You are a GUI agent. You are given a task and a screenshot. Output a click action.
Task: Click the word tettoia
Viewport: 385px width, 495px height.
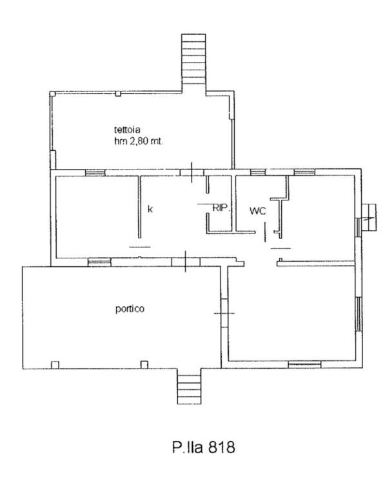click(127, 130)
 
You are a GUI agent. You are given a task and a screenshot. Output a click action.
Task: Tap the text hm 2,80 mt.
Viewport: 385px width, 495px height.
click(139, 141)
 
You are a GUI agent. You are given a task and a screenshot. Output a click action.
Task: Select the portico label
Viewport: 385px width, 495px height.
click(130, 309)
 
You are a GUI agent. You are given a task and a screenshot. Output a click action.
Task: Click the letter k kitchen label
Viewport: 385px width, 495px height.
click(150, 209)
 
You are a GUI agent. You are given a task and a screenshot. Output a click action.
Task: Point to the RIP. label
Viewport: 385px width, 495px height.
click(221, 208)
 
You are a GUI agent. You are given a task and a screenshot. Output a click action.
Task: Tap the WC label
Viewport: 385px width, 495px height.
click(257, 211)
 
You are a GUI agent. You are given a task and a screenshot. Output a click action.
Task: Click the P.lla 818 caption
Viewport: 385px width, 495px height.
click(204, 447)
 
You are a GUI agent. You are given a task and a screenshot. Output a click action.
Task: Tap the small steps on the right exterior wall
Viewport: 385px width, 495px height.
click(369, 218)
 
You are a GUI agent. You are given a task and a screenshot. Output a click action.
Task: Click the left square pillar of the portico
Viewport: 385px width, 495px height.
click(55, 365)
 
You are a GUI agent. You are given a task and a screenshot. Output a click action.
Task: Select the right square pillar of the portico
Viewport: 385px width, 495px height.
click(144, 365)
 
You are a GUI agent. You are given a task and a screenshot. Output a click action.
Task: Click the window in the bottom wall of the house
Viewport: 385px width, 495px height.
click(304, 365)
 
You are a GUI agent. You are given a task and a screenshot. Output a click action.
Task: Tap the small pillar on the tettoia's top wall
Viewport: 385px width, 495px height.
click(118, 93)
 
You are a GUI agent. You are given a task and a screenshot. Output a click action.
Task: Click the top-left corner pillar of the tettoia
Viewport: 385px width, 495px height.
click(53, 93)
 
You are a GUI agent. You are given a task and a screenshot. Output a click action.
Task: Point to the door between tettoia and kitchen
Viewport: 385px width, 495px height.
click(192, 172)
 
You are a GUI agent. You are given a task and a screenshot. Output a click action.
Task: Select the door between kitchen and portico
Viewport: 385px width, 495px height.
click(186, 262)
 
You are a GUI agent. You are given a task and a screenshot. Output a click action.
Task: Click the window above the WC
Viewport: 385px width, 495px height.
click(258, 172)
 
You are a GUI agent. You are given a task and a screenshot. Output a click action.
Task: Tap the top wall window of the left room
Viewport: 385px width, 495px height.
click(95, 173)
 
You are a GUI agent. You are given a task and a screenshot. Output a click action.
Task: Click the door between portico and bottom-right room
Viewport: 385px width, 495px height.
click(224, 313)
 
